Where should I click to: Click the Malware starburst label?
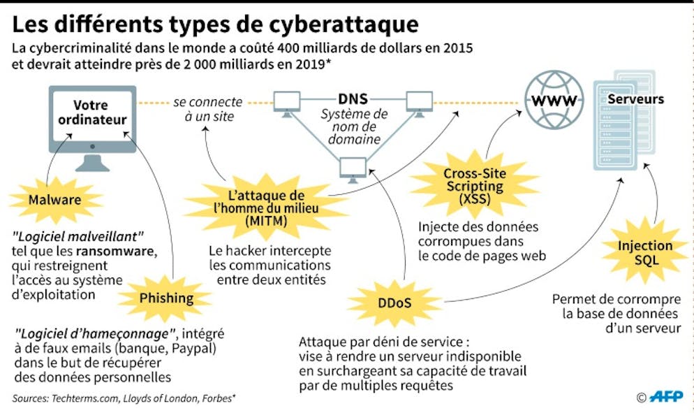coord(54,201)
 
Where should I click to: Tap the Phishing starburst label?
coord(166,298)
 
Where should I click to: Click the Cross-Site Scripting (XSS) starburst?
coord(474,186)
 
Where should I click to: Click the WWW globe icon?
coord(554,101)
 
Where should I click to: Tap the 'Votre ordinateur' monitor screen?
coord(93,115)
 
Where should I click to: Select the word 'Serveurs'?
coord(635,100)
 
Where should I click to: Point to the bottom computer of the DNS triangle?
coord(353,168)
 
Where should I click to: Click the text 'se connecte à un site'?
coord(208,109)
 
